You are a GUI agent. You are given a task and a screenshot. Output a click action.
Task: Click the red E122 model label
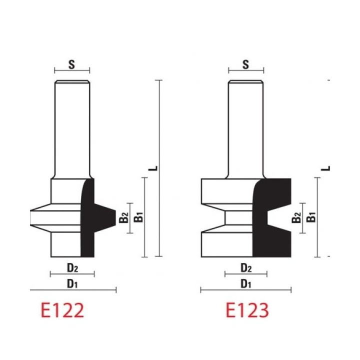pyautogui.click(x=62, y=310)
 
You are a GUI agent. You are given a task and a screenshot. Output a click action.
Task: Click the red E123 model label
pyautogui.click(x=247, y=310)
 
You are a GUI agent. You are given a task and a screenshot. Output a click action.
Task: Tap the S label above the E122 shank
pyautogui.click(x=72, y=63)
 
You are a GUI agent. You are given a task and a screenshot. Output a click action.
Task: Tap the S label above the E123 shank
pyautogui.click(x=245, y=63)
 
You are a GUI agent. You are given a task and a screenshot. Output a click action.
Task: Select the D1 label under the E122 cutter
pyautogui.click(x=72, y=283)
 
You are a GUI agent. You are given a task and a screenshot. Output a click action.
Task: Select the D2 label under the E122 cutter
pyautogui.click(x=72, y=267)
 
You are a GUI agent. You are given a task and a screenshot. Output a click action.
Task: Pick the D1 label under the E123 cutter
pyautogui.click(x=245, y=283)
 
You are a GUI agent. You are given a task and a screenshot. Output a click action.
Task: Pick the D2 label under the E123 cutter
pyautogui.click(x=245, y=267)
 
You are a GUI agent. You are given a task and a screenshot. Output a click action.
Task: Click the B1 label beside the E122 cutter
pyautogui.click(x=140, y=217)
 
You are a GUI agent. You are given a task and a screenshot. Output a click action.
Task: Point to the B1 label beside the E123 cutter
pyautogui.click(x=311, y=217)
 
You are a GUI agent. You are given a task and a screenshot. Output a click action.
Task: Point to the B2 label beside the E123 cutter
pyautogui.click(x=296, y=218)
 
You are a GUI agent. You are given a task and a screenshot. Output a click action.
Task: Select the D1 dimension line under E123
pyautogui.click(x=245, y=290)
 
